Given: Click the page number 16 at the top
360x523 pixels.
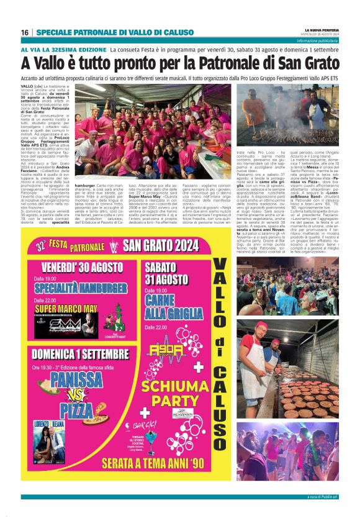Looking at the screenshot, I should pyautogui.click(x=25, y=32).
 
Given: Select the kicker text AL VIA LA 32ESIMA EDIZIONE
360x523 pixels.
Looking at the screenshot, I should pyautogui.click(x=64, y=48).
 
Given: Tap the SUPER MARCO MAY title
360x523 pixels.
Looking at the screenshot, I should pyautogui.click(x=66, y=309).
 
